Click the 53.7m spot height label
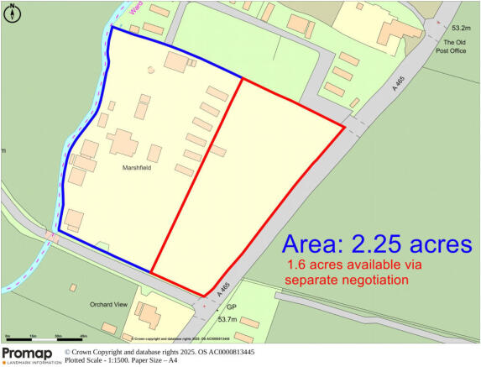coord(227,319)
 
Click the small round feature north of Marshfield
coord(151,69)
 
